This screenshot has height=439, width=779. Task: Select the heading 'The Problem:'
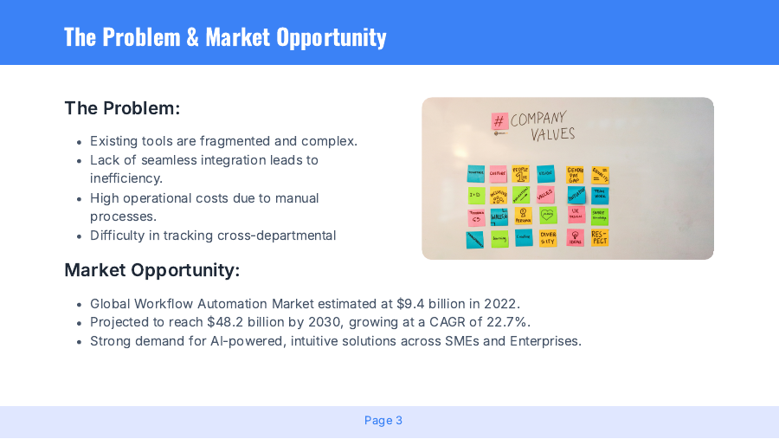[122, 108]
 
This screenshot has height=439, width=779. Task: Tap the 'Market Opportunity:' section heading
[151, 270]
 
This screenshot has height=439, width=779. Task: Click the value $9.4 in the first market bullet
[412, 304]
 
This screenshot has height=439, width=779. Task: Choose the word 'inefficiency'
[125, 178]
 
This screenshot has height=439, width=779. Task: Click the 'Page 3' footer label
[383, 421]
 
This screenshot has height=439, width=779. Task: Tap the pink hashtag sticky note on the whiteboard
[499, 121]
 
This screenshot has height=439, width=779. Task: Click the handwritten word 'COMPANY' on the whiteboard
[538, 119]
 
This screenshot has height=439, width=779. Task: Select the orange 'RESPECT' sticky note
[600, 237]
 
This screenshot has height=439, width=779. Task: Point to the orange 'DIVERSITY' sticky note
[548, 238]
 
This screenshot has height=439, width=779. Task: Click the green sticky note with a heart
[547, 216]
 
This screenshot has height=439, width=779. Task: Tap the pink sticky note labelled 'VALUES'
[545, 195]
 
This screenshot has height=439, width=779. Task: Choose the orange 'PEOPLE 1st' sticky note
[520, 175]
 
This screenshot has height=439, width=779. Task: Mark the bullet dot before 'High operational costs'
[80, 198]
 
